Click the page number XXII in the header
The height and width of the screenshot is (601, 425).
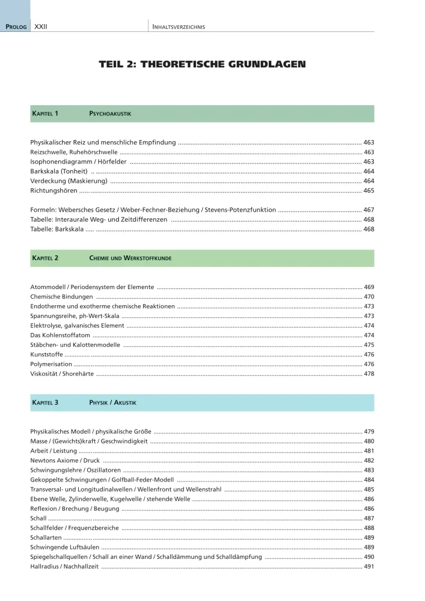coord(41,26)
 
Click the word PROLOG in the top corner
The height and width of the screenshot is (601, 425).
coord(16,27)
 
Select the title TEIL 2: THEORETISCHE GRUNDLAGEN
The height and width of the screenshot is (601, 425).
coord(202,64)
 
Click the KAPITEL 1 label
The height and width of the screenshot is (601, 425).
coord(45,114)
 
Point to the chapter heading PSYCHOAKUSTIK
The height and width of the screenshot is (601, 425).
coord(110,114)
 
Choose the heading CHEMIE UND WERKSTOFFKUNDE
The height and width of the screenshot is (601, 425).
coord(130,258)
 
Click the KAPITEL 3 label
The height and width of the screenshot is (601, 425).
coord(45,403)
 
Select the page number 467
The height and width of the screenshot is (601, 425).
coord(368,210)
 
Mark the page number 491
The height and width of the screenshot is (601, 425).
coord(368,566)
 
